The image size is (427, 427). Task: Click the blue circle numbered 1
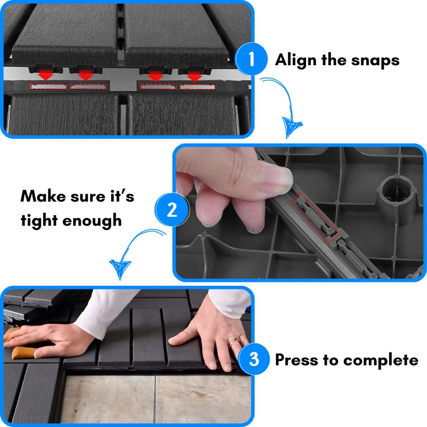point(251,59)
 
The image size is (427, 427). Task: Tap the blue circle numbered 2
point(172,210)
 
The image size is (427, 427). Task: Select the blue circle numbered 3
point(254,359)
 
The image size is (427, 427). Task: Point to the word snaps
point(375,61)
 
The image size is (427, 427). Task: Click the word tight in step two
point(39,220)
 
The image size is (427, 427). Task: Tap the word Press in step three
point(297,360)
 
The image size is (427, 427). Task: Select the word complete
point(381,360)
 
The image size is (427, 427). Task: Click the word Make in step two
point(43,196)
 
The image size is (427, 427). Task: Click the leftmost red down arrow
point(46,75)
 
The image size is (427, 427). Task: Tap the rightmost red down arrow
point(195,75)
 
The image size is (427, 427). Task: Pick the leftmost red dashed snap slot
point(48,87)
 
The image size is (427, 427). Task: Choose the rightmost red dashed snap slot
point(197,87)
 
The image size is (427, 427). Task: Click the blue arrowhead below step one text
point(292,127)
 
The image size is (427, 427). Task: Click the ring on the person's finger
point(234,341)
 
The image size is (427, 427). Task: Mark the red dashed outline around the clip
point(315,218)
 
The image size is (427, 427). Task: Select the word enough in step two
point(92,221)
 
